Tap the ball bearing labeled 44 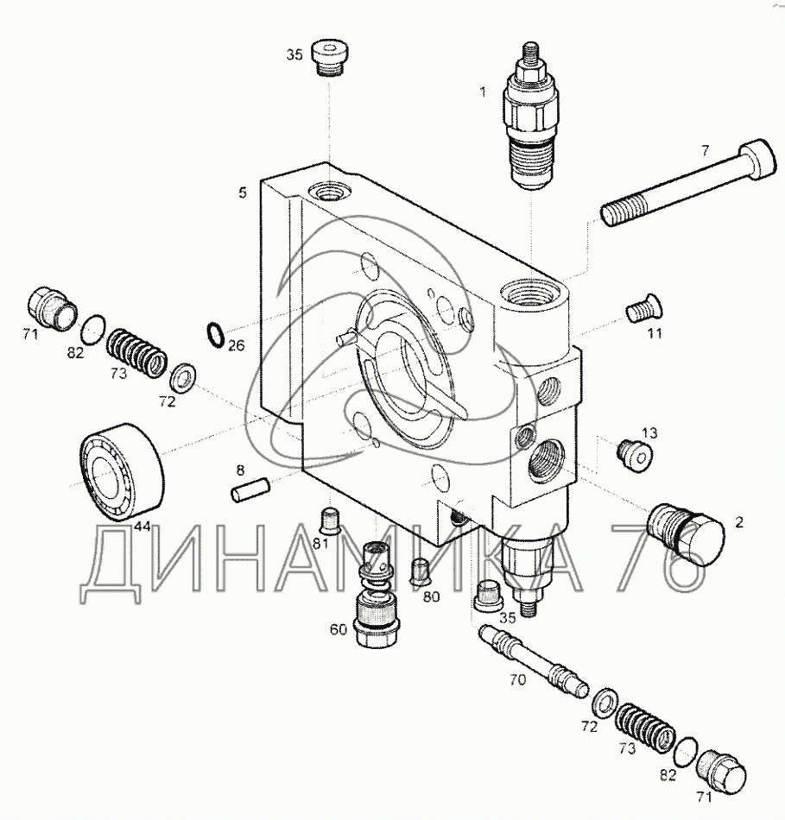click(x=122, y=470)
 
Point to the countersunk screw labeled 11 click(x=644, y=308)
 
